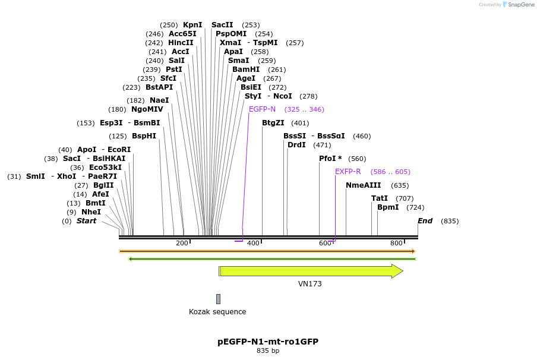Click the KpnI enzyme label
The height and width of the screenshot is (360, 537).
192,25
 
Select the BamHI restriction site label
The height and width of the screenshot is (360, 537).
246,70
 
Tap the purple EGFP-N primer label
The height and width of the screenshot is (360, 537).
262,109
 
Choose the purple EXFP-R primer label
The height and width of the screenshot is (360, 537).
348,172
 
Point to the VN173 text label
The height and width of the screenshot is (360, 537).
310,284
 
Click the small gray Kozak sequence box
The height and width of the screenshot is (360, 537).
218,299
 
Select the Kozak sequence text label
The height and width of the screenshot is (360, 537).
217,312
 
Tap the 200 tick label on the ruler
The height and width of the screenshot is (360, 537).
182,243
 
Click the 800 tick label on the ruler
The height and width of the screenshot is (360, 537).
396,243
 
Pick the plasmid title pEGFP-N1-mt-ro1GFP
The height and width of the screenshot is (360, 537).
268,342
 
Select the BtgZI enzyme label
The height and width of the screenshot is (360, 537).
273,123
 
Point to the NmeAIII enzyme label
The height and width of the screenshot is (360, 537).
364,185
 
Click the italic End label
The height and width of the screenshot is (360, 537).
425,221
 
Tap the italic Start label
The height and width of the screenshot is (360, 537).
86,221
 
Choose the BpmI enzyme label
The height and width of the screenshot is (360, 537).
388,207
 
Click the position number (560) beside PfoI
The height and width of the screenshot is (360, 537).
357,159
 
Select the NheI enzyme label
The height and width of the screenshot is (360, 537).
91,212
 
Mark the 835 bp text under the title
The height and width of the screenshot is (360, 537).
268,351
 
